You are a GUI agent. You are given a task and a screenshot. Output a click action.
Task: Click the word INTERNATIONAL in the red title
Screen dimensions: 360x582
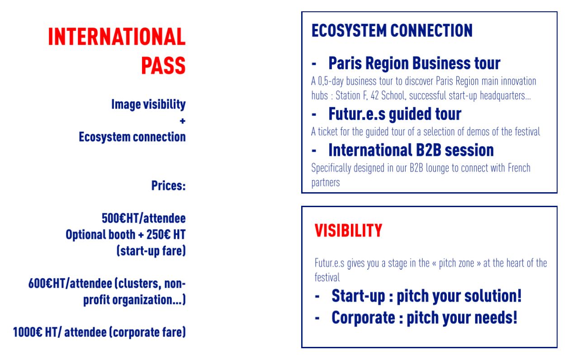[117, 37]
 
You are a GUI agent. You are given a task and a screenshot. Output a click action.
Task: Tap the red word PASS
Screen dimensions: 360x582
[163, 66]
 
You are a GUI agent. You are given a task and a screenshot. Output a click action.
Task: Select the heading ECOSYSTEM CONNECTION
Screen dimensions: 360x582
[392, 31]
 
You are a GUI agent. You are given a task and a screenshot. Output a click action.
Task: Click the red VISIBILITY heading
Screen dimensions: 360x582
[348, 231]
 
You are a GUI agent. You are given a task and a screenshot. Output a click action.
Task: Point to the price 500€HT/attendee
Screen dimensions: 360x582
[143, 218]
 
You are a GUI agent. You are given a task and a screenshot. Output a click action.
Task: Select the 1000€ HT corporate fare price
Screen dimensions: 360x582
[99, 332]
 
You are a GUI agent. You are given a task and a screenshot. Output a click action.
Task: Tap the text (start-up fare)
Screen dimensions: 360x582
[151, 251]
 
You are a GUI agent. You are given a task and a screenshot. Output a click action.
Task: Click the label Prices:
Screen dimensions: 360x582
[168, 185]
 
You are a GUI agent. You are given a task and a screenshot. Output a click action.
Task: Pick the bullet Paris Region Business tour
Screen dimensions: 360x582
[414, 63]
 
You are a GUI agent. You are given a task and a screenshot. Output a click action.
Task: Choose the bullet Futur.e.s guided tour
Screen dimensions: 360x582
[394, 114]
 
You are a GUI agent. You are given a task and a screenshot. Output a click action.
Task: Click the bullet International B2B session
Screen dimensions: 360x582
[411, 150]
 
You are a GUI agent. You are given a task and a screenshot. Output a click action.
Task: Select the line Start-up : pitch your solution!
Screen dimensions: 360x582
[426, 296]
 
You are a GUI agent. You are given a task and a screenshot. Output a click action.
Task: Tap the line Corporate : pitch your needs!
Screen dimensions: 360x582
[424, 317]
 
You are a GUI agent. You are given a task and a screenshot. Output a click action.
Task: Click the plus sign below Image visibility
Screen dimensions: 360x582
[182, 121]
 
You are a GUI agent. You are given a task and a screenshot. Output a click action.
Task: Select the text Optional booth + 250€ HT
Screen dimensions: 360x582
[126, 235]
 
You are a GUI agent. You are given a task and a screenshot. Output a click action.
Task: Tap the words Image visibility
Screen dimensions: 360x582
[148, 104]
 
